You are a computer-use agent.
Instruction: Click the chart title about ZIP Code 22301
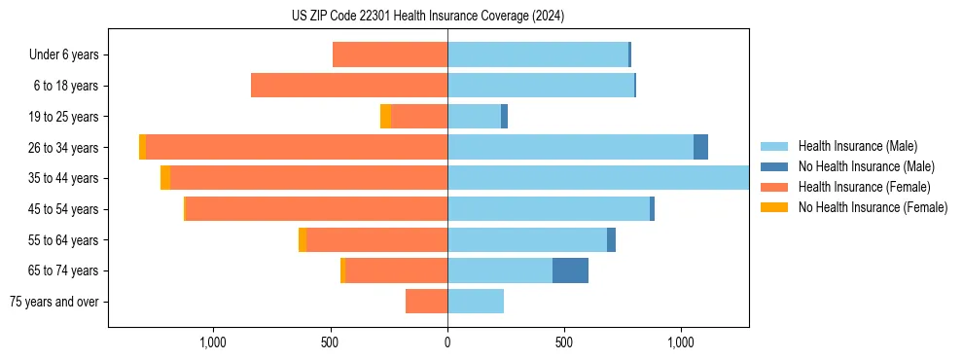(x=428, y=17)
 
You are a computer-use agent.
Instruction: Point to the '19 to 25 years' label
(x=63, y=117)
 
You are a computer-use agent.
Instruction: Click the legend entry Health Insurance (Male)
(x=857, y=146)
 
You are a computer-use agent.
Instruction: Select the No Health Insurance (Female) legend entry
(x=873, y=207)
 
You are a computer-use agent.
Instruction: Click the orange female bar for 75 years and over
(x=427, y=302)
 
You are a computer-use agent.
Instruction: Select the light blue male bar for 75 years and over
(x=476, y=302)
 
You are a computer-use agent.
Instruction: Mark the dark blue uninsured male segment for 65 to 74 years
(x=570, y=270)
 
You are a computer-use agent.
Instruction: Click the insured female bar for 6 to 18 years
(x=349, y=86)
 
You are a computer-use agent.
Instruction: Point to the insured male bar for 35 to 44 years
(x=598, y=178)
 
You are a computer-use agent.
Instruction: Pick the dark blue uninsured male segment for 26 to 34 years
(x=700, y=147)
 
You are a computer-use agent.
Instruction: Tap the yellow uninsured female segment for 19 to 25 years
(x=385, y=117)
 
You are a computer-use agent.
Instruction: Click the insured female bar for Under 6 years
(x=390, y=54)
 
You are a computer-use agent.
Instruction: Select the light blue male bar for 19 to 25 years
(x=474, y=117)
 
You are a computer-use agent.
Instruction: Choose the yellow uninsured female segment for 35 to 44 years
(x=165, y=178)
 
